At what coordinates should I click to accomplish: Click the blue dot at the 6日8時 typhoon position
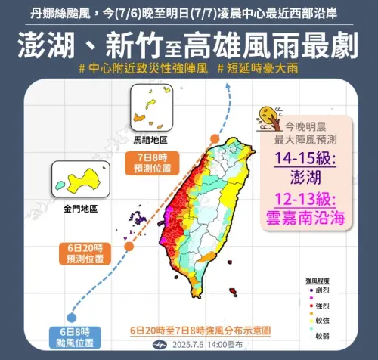point(71,317)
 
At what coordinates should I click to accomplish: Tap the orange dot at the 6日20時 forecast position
point(129,245)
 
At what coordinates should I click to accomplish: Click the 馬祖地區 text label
point(151,140)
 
